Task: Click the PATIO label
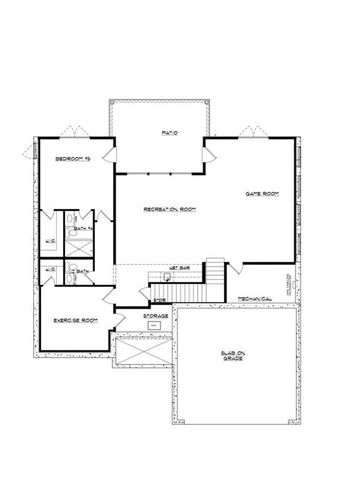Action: (169, 133)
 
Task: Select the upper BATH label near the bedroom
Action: (84, 229)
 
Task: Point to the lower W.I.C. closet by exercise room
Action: (50, 271)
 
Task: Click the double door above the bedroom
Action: (74, 131)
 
